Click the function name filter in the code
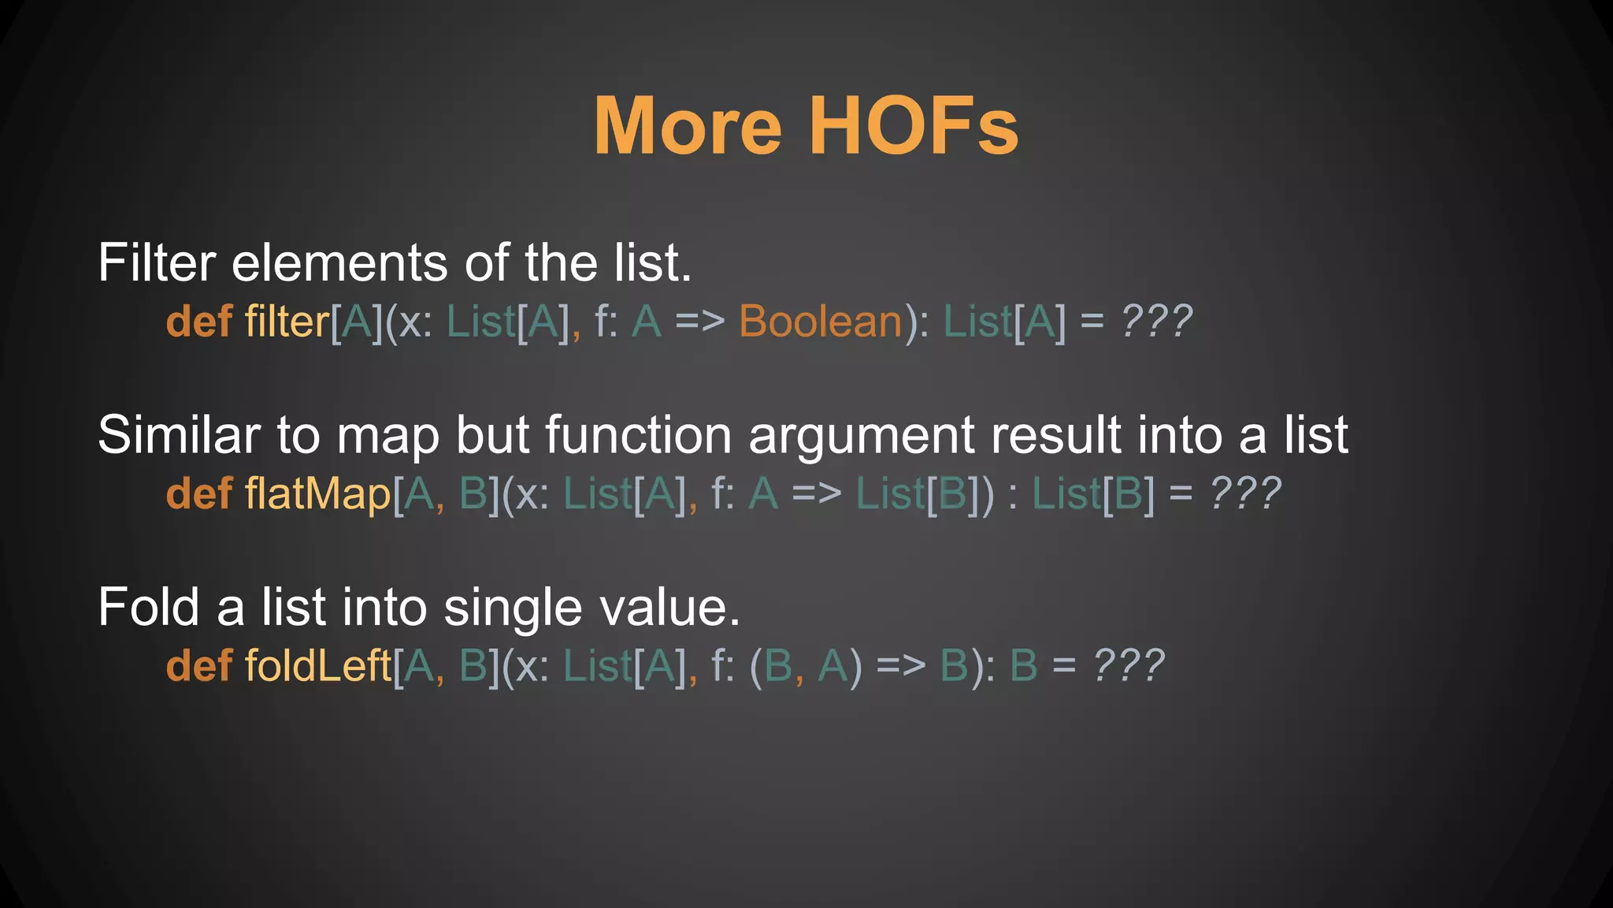[x=287, y=322]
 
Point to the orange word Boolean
[x=820, y=322]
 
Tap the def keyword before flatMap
[x=199, y=494]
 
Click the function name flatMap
[x=317, y=494]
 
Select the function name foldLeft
[x=317, y=666]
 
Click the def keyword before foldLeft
[x=199, y=666]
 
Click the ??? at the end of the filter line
[x=1157, y=322]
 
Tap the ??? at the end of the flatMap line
[x=1245, y=494]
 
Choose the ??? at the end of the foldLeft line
[x=1129, y=666]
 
